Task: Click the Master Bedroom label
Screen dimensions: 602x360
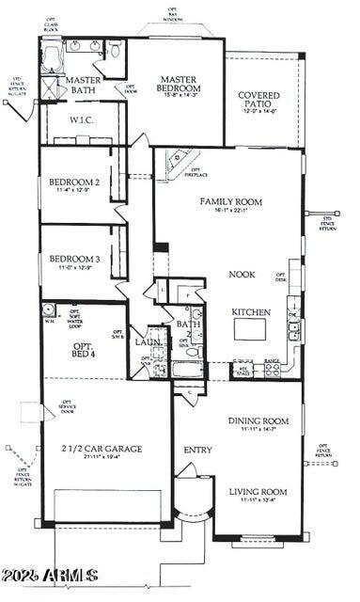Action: pyautogui.click(x=177, y=85)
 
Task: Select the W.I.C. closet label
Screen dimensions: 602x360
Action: pyautogui.click(x=82, y=121)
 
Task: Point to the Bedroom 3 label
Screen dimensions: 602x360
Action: pyautogui.click(x=75, y=259)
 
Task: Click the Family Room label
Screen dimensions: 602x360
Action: pyautogui.click(x=229, y=202)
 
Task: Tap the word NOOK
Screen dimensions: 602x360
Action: pyautogui.click(x=243, y=276)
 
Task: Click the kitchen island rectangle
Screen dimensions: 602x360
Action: pyautogui.click(x=252, y=327)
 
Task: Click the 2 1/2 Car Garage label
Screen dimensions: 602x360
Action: pyautogui.click(x=102, y=449)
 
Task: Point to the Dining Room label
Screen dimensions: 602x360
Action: pyautogui.click(x=258, y=421)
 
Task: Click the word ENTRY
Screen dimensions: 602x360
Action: pyautogui.click(x=197, y=450)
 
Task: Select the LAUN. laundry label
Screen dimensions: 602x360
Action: pyautogui.click(x=148, y=342)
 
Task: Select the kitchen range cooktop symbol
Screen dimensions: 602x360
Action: pyautogui.click(x=273, y=369)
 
